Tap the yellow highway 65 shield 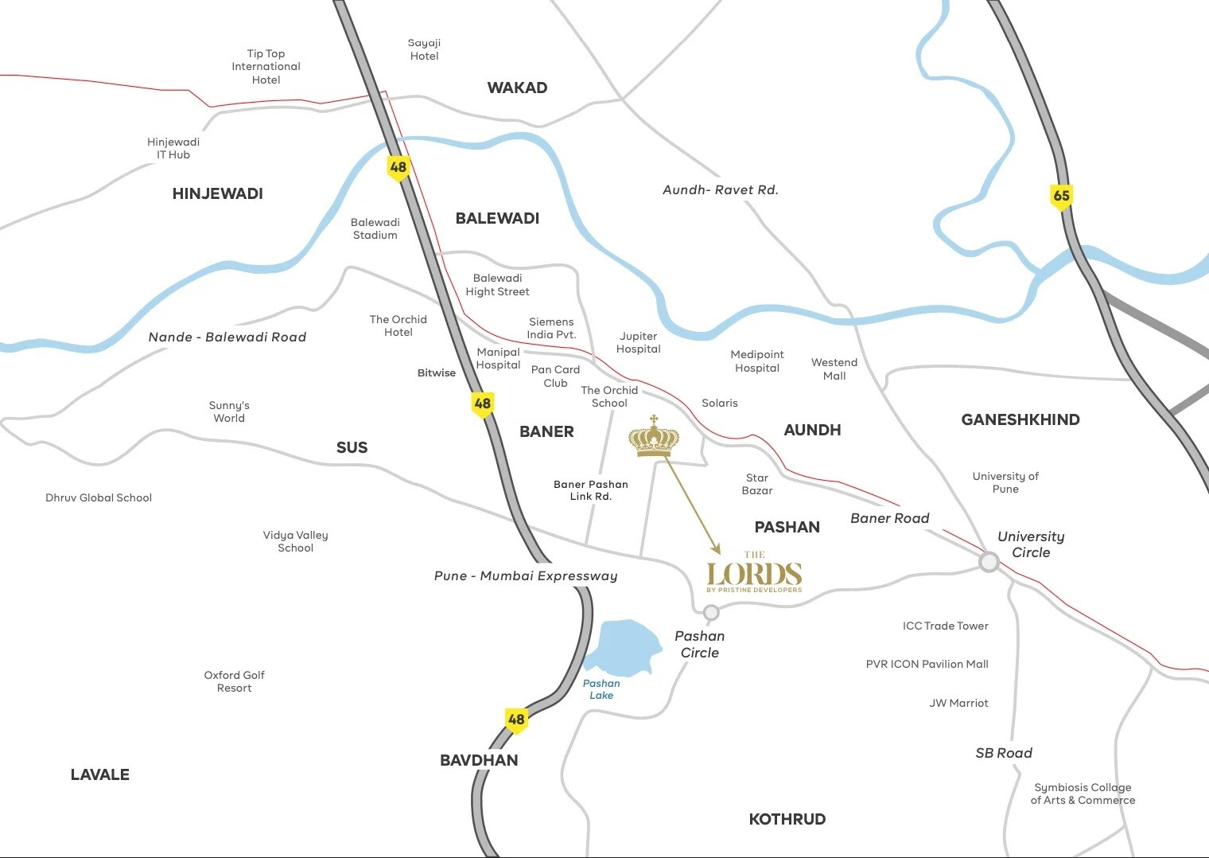[x=1061, y=196]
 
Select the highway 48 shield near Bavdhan [x=516, y=720]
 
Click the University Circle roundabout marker [x=989, y=563]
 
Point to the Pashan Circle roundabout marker [x=711, y=612]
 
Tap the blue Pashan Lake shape [x=621, y=645]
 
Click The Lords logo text [x=754, y=574]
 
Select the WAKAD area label [x=517, y=88]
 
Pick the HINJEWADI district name [x=217, y=193]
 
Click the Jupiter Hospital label [x=638, y=342]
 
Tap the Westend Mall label [x=834, y=369]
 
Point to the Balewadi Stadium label [x=375, y=228]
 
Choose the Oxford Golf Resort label [x=234, y=681]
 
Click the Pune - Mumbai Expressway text [x=526, y=575]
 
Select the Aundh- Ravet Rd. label [x=720, y=189]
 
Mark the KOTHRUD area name [x=787, y=819]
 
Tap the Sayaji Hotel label [x=424, y=49]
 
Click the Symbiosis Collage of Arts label [x=1083, y=794]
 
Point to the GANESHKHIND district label [x=1020, y=419]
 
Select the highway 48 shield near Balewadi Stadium [x=398, y=167]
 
